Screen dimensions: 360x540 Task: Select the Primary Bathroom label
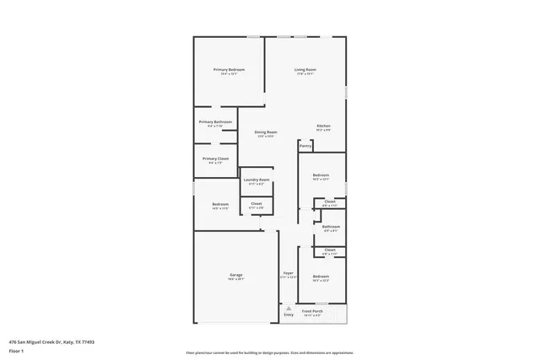(215, 122)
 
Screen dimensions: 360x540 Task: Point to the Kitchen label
(323, 126)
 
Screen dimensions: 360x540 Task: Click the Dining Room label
(266, 132)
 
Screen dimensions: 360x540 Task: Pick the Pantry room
(305, 146)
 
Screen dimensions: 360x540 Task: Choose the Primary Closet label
(215, 159)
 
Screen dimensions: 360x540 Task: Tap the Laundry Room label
(256, 180)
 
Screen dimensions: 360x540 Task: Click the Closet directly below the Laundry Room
(256, 203)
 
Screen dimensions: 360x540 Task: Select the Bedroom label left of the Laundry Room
(220, 204)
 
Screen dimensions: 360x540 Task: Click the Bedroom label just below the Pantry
(321, 175)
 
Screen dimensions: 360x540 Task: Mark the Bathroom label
(331, 226)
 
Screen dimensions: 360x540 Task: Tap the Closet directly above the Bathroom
(330, 201)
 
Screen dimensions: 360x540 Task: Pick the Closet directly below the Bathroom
(330, 250)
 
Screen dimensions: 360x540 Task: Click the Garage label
(236, 276)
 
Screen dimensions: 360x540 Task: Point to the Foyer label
(288, 274)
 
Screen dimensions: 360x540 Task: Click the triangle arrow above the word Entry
(289, 309)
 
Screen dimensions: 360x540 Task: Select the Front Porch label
(312, 311)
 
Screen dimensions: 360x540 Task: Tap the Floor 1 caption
(16, 351)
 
